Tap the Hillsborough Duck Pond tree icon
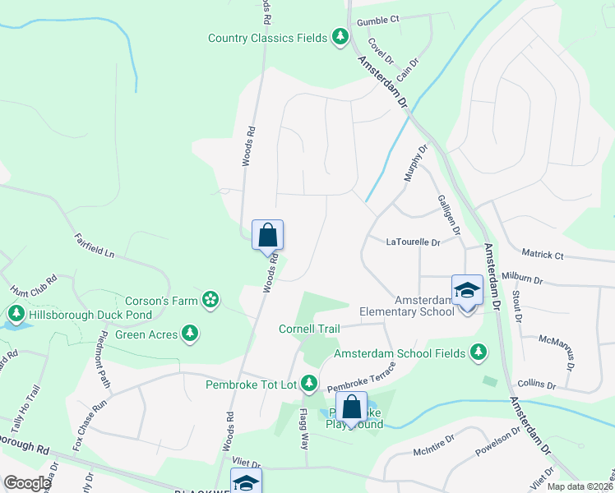click(16, 314)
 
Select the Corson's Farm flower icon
click(211, 300)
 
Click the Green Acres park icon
click(191, 333)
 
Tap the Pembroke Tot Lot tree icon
click(309, 383)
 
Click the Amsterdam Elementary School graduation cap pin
click(467, 292)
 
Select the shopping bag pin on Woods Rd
click(268, 236)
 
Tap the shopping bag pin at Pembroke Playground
click(351, 408)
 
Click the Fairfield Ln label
click(94, 246)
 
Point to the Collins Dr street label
click(537, 385)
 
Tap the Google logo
click(27, 483)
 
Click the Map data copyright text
click(579, 486)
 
